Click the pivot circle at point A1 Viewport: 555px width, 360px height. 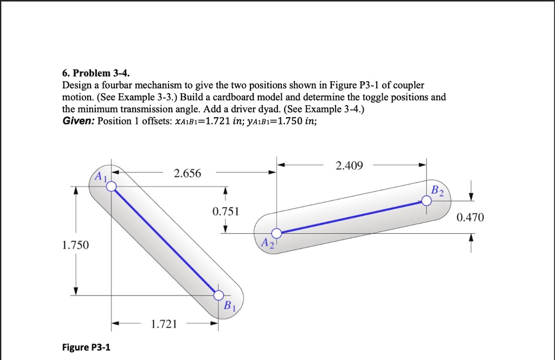click(x=111, y=187)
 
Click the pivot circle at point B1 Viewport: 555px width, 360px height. click(x=218, y=295)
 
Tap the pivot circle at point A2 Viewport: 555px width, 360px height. click(x=276, y=234)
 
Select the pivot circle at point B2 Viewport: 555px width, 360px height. click(x=427, y=201)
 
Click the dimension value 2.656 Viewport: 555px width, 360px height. click(x=187, y=173)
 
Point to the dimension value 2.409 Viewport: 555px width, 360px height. click(x=349, y=165)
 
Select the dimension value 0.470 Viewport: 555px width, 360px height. click(x=470, y=217)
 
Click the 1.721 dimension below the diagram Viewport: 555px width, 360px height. click(x=164, y=325)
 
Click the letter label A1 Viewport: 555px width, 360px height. click(x=100, y=176)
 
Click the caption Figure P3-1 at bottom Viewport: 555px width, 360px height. click(x=86, y=347)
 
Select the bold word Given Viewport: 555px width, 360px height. click(x=79, y=120)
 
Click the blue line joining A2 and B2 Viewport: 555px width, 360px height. click(x=352, y=217)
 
